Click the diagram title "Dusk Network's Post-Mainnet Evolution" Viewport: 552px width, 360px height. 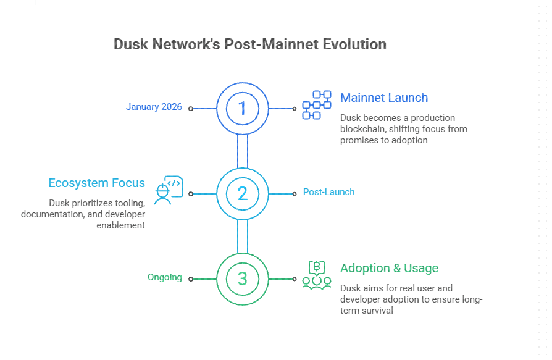coord(250,44)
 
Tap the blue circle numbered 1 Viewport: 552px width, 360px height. coord(243,108)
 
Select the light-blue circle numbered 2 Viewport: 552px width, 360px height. coord(243,193)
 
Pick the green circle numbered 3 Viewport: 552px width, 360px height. coord(243,278)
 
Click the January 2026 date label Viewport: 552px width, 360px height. coord(154,107)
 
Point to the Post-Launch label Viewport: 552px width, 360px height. coord(328,192)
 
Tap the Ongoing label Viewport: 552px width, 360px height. coord(164,277)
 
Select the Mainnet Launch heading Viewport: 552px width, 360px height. coord(384,98)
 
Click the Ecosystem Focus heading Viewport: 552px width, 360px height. coord(97,183)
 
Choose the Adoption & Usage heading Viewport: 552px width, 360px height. coord(389,268)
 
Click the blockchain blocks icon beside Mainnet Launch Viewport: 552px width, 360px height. coord(316,105)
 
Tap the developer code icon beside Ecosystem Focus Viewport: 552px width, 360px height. coord(169,190)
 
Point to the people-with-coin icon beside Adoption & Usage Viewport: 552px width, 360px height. coord(316,275)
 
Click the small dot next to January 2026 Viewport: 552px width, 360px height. coord(191,108)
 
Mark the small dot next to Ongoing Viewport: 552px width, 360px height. coord(191,279)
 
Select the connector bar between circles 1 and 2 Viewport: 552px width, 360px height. coord(243,151)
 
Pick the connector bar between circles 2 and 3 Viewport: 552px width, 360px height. coord(243,236)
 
